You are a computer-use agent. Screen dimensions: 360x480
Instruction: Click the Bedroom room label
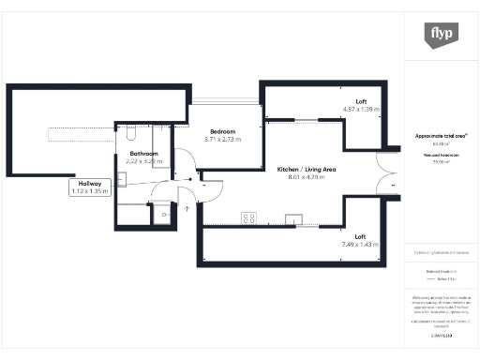point(223,131)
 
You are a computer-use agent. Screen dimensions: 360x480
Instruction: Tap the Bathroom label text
point(144,153)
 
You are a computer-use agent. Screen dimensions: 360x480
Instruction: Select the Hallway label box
point(90,187)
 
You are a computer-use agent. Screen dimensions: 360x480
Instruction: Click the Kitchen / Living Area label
point(307,170)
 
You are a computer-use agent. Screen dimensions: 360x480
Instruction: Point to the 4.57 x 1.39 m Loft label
point(361,105)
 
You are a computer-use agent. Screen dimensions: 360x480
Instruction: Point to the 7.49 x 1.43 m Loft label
point(360,240)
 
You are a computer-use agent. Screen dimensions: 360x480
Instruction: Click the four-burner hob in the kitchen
point(249,218)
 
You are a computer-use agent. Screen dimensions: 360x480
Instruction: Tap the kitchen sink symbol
point(294,219)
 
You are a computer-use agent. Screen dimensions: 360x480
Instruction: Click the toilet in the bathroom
point(130,132)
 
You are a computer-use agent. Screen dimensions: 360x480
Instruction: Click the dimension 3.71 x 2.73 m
point(223,140)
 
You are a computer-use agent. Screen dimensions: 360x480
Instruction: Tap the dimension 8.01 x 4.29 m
point(307,178)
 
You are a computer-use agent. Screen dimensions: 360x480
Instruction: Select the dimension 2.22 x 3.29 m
point(144,161)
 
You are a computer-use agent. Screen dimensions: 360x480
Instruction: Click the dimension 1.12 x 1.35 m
point(90,191)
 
